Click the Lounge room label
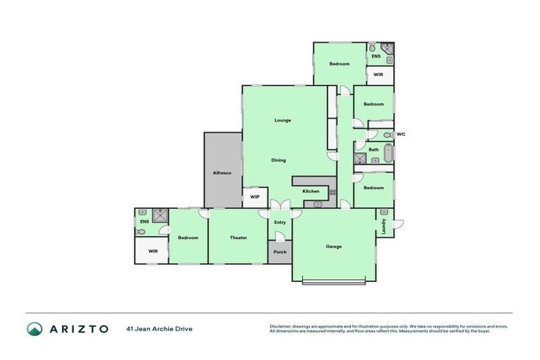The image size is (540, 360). (283, 120)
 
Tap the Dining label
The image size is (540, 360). (279, 160)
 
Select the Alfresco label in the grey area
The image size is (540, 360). (222, 172)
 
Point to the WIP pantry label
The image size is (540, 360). (255, 198)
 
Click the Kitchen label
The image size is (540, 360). (311, 191)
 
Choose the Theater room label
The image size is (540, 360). (238, 238)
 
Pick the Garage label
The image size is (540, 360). (333, 247)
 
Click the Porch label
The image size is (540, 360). (280, 252)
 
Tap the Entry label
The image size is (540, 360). (280, 223)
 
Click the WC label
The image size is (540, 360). (401, 134)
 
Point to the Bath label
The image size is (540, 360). (373, 149)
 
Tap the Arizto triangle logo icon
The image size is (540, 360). (34, 328)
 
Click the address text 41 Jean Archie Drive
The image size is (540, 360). (160, 328)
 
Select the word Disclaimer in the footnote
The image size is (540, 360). (280, 326)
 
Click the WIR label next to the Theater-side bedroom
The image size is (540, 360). (153, 251)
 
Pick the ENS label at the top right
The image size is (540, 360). (376, 56)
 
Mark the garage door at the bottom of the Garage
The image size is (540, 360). (333, 283)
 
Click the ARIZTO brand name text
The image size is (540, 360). (79, 328)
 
